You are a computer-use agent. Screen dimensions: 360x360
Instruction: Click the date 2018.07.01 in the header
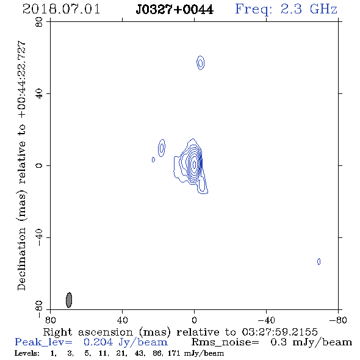point(61,9)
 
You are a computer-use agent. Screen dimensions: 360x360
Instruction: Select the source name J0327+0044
point(175,9)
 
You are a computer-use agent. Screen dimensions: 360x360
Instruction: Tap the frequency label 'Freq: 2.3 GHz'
point(286,9)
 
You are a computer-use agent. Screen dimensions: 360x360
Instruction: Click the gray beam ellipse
point(69,300)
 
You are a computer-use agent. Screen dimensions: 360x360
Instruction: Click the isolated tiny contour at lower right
point(319,262)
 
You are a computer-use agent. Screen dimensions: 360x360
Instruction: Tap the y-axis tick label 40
point(39,94)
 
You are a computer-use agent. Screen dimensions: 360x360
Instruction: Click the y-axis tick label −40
point(39,237)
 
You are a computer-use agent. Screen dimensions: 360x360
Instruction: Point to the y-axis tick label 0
point(39,165)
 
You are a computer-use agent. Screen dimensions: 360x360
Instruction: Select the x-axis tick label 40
point(123,320)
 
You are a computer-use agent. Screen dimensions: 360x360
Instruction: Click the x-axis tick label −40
point(266,320)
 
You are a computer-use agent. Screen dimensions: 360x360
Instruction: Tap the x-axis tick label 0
point(194,320)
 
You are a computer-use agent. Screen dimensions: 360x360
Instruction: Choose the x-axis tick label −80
point(338,320)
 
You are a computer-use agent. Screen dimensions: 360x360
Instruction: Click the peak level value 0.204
point(98,342)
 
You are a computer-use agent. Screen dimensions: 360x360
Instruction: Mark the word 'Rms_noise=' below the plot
point(225,342)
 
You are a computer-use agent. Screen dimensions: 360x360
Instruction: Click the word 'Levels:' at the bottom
point(27,353)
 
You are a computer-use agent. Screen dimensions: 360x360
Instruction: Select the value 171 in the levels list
point(174,353)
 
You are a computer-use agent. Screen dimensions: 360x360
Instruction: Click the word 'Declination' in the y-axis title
point(21,259)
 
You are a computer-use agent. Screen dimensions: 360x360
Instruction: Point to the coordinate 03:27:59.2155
point(279,332)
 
